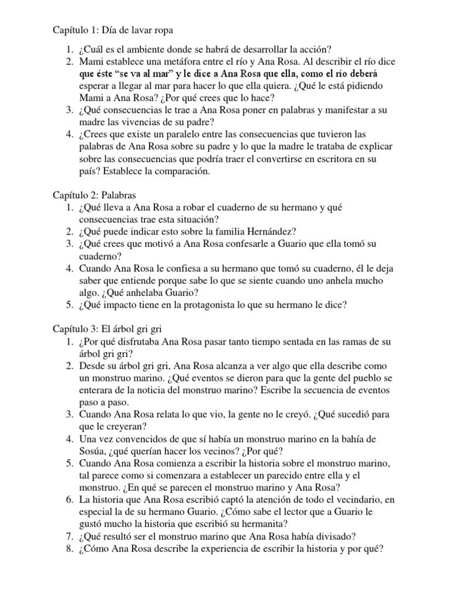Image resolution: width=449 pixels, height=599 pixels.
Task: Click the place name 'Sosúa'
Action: click(92, 450)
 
